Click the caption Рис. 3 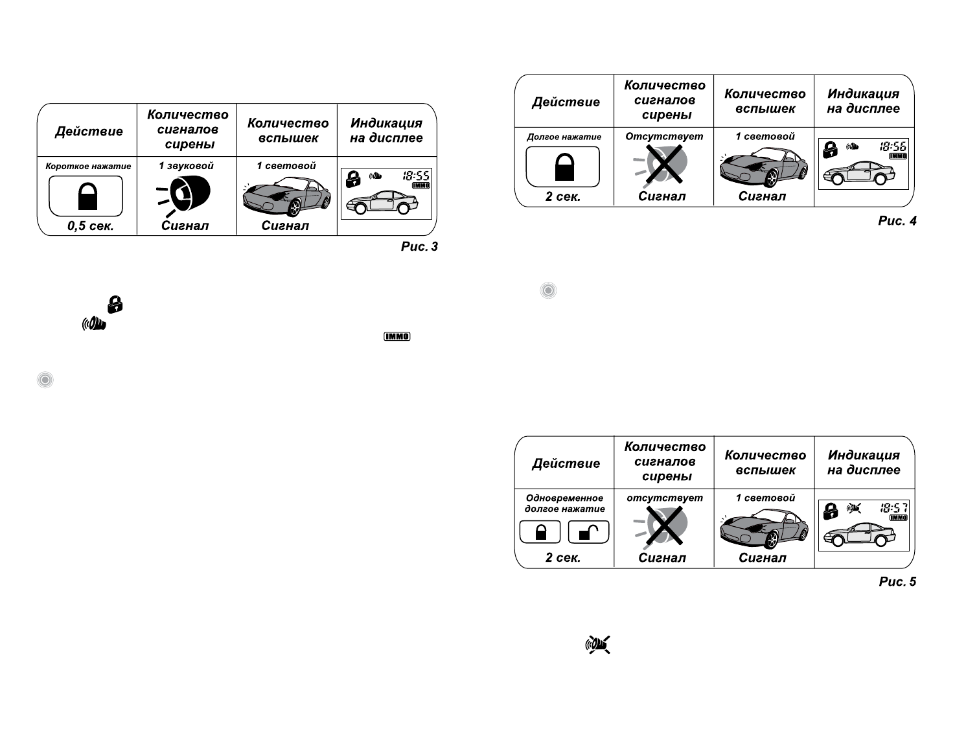pos(419,246)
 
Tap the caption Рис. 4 pos(897,221)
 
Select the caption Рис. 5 pos(897,582)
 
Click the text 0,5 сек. pos(90,226)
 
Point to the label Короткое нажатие pos(88,167)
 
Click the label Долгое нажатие pos(564,137)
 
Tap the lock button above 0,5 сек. pos(86,196)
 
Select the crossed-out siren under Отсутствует pos(663,165)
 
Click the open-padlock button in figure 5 pos(588,532)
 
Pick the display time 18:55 pos(416,176)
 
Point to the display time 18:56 pos(893,146)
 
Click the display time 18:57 pos(893,508)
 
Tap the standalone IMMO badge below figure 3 pos(397,337)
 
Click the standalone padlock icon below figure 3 pos(115,304)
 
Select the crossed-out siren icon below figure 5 pos(598,645)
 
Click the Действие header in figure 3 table pos(89,132)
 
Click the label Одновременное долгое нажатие pos(564,504)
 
